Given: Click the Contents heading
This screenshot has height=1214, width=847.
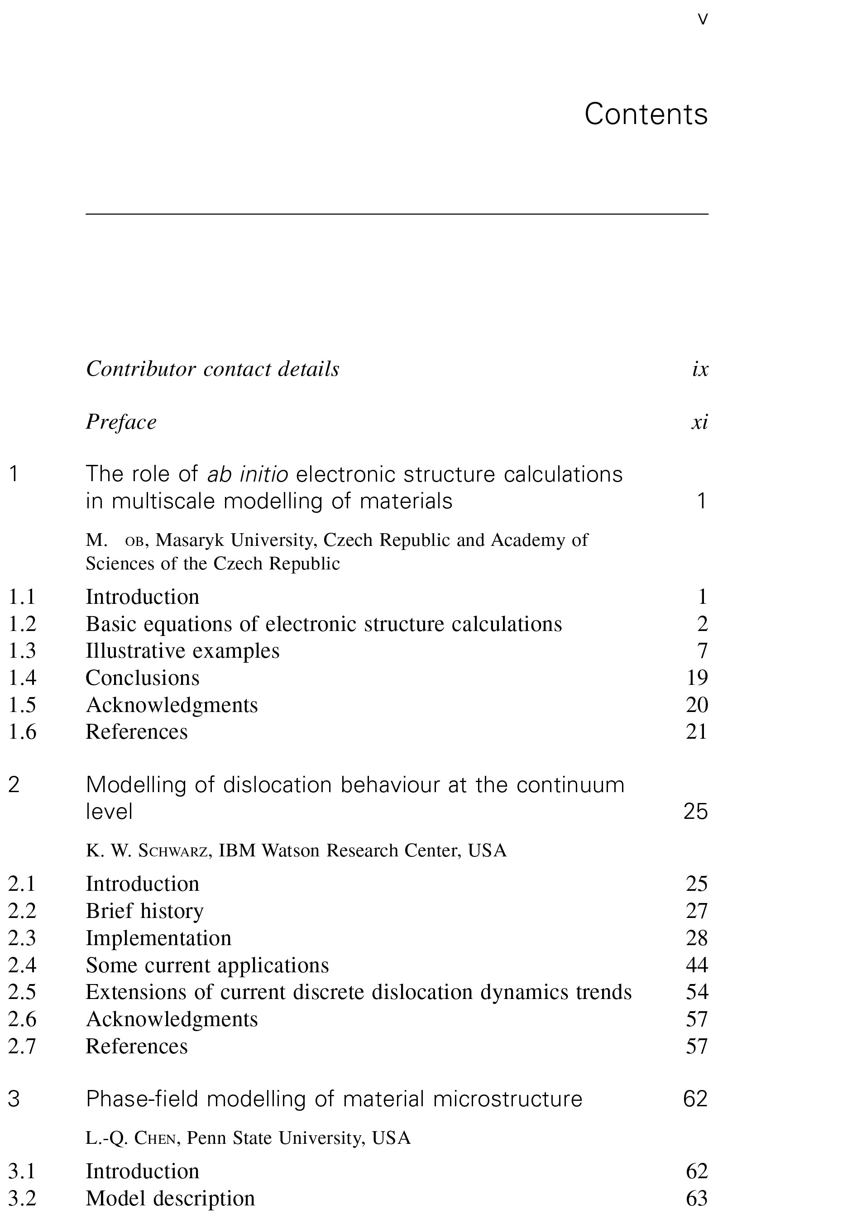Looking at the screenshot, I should (x=646, y=114).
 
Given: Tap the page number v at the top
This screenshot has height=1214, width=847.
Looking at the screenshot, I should (x=703, y=19).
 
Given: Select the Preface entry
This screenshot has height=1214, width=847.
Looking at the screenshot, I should (x=121, y=422).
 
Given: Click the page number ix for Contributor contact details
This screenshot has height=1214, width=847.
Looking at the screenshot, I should (x=700, y=369).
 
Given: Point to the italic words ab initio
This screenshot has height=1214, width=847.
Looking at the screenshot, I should (x=248, y=474).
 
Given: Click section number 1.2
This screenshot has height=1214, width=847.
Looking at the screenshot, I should (x=22, y=624).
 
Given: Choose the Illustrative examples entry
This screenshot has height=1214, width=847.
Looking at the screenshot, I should (x=182, y=651).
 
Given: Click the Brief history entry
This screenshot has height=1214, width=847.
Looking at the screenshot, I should (x=144, y=911).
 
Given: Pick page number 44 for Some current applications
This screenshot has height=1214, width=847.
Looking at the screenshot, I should (x=697, y=965).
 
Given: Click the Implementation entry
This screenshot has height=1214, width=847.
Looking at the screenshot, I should (x=158, y=938).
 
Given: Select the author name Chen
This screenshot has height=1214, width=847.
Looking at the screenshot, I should (x=154, y=1138).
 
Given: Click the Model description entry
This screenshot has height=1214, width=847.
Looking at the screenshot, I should (x=170, y=1198).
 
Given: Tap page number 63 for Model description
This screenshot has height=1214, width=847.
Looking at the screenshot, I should (x=697, y=1198).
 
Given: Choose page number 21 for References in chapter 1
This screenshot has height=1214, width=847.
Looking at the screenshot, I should (x=697, y=732).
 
